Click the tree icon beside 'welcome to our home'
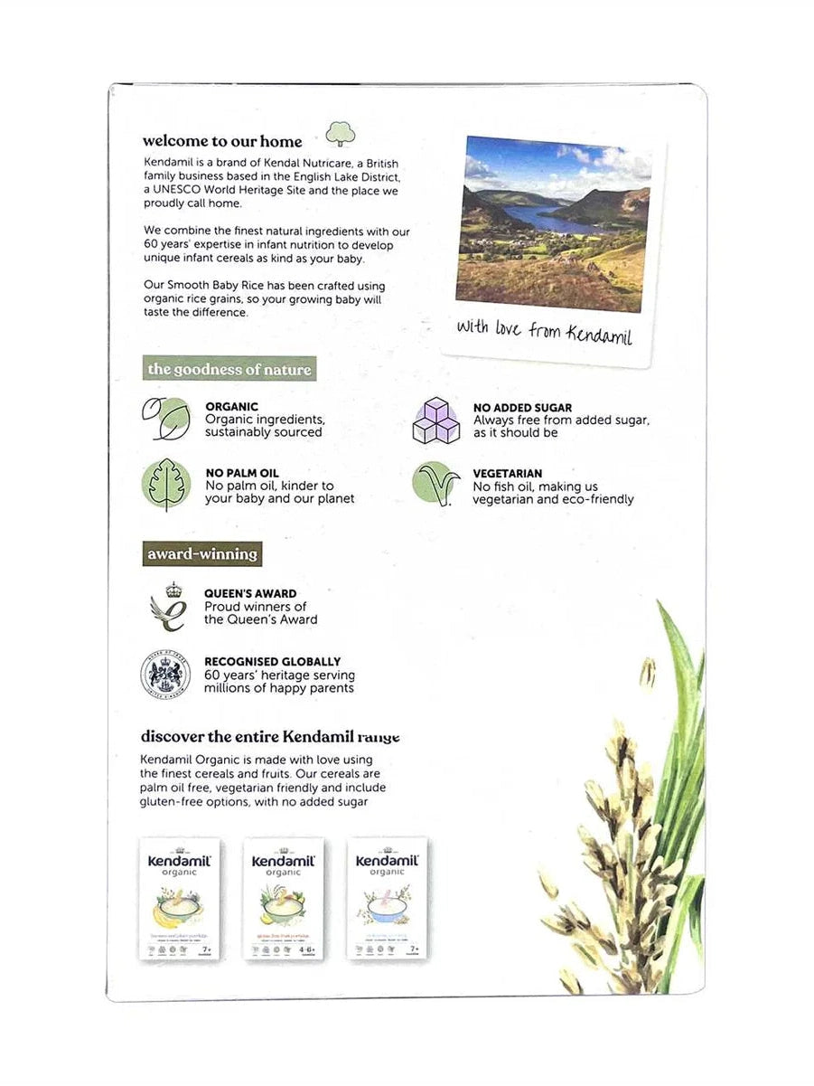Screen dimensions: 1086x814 [340, 134]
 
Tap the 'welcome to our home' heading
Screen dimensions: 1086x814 [222, 141]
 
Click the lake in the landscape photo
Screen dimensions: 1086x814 [533, 217]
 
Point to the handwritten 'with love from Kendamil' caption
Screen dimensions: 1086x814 [544, 331]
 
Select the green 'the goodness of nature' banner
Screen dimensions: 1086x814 [229, 369]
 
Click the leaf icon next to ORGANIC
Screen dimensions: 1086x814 [165, 418]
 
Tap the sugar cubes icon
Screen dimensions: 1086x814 [435, 420]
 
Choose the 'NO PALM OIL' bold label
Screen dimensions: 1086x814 [241, 473]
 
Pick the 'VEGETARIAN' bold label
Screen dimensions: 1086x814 [508, 473]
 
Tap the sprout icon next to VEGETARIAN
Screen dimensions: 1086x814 [435, 484]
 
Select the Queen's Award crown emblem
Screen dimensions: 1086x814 [168, 607]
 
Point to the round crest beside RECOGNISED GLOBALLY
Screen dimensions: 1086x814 [165, 675]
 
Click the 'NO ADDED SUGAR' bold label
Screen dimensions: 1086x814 [522, 408]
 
